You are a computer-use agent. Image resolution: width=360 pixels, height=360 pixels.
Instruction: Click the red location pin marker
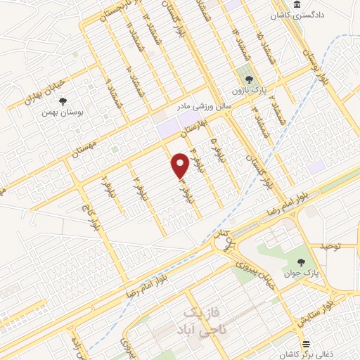tap(181, 165)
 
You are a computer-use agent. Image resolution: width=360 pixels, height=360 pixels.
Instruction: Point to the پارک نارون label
tap(247, 90)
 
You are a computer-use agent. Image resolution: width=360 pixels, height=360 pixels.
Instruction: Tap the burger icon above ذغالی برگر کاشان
tap(306, 344)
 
